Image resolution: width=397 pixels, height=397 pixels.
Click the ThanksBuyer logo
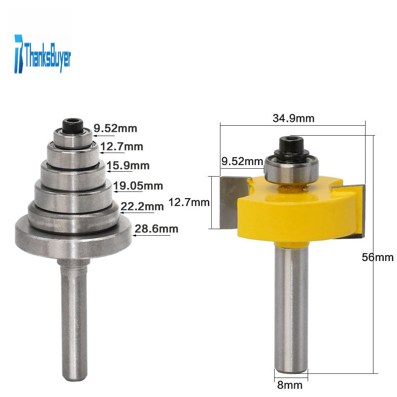click(x=43, y=54)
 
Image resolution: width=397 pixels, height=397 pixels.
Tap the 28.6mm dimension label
click(x=156, y=229)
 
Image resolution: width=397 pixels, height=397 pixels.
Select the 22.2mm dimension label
click(x=142, y=207)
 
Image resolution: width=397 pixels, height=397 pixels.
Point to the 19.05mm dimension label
click(x=138, y=186)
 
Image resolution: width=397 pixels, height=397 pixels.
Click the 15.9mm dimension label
click(x=128, y=165)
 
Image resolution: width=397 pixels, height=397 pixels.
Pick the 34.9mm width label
click(x=294, y=118)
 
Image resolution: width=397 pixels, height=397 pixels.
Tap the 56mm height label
click(x=378, y=257)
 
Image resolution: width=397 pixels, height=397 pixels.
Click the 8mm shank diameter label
click(x=289, y=385)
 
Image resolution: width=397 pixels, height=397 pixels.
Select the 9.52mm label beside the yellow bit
click(x=242, y=161)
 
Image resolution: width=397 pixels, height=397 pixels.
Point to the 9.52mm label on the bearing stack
click(x=115, y=128)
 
